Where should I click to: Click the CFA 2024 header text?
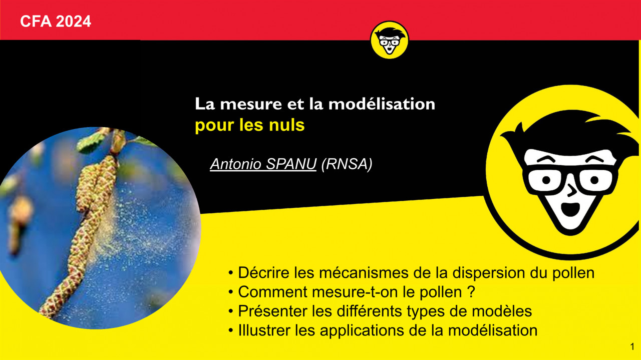pos(56,22)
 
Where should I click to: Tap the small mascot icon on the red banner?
pos(390,40)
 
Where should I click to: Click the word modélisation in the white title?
pos(382,104)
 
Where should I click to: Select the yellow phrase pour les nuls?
pos(250,125)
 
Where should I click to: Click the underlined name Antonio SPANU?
pos(263,164)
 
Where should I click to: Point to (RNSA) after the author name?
pos(347,164)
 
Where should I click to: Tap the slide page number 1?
pos(632,346)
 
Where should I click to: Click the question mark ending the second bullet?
pos(472,292)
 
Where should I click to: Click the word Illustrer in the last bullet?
pos(264,330)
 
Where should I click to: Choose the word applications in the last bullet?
pos(362,331)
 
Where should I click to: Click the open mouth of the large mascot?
pos(570,209)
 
